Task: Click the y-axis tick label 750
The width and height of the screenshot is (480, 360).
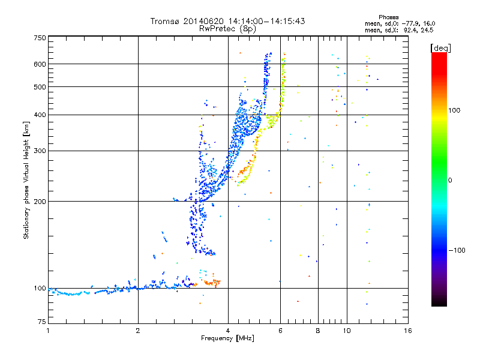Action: pyautogui.click(x=40, y=37)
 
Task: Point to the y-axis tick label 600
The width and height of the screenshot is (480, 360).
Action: pyautogui.click(x=40, y=64)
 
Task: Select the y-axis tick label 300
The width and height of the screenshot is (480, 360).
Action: pyautogui.click(x=40, y=151)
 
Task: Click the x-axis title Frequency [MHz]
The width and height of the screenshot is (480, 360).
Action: pyautogui.click(x=227, y=339)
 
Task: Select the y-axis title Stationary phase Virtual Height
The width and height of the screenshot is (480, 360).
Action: pyautogui.click(x=26, y=181)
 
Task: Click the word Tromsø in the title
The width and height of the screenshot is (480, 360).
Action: pyautogui.click(x=165, y=21)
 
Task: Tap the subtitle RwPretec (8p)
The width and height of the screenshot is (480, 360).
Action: pyautogui.click(x=227, y=28)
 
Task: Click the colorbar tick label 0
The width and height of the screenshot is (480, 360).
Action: pyautogui.click(x=451, y=180)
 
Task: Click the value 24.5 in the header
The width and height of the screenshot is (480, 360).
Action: pyautogui.click(x=427, y=29)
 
